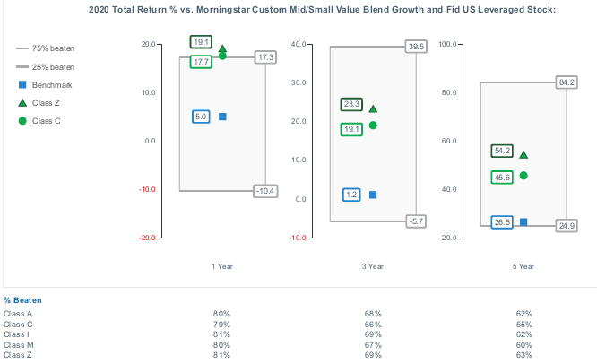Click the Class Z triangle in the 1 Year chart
point(222,49)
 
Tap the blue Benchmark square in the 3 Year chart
point(373,195)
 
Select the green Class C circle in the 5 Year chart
point(523,176)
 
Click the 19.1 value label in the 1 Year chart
point(201,42)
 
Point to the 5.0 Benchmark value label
point(201,117)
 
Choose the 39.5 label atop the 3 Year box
point(415,46)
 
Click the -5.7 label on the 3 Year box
point(415,221)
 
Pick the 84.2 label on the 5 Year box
point(567,82)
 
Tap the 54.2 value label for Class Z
point(501,151)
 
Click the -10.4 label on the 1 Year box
point(265,191)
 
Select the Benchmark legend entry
point(50,85)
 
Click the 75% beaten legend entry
point(52,48)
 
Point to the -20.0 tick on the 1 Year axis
point(148,238)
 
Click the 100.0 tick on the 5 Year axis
point(450,43)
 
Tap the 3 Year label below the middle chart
point(373,266)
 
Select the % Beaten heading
point(22,300)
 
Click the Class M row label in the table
point(18,344)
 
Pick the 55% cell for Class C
point(524,324)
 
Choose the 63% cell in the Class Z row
point(524,355)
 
